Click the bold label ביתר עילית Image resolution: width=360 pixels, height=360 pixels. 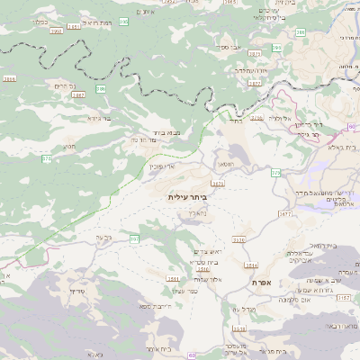(x=187, y=195)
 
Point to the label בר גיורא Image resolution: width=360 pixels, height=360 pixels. (x=98, y=118)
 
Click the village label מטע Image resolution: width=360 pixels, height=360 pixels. (x=69, y=146)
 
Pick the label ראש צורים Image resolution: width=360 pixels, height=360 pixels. (x=206, y=252)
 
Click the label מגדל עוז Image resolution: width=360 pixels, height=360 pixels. (x=247, y=309)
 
